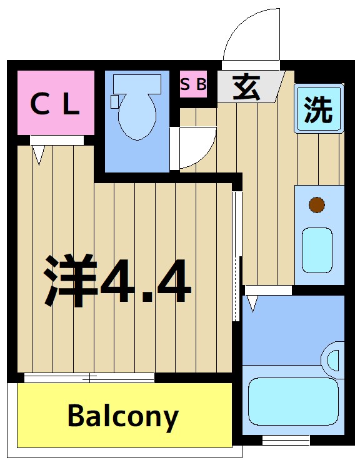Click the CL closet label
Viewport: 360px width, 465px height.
coord(55,104)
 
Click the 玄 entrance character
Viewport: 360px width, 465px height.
coord(247,87)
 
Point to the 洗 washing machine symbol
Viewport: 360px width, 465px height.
coord(318,109)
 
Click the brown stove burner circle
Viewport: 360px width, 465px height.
coord(317,204)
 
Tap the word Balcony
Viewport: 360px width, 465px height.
coord(122,416)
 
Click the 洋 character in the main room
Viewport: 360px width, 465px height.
coord(71,281)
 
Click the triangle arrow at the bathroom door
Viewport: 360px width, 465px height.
coord(252,303)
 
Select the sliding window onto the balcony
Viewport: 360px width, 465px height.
coord(89,377)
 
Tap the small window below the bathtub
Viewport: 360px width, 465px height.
coord(286,441)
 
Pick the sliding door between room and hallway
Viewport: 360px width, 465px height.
coord(236,256)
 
